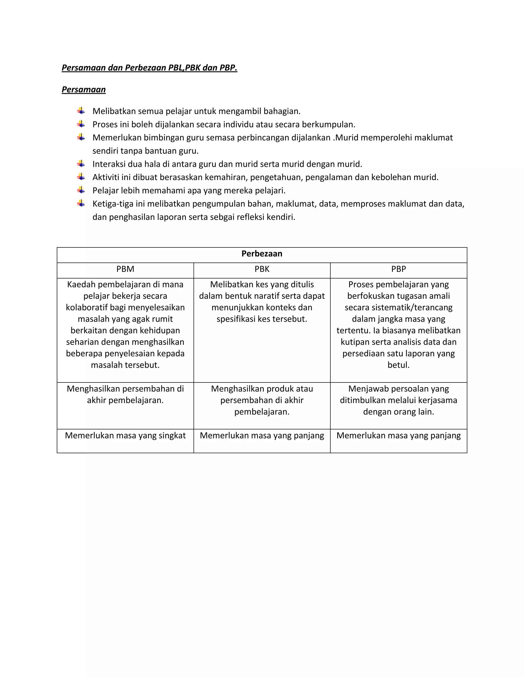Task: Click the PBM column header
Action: [125, 269]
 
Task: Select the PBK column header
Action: [262, 269]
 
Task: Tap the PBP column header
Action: [398, 269]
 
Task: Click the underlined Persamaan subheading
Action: [83, 90]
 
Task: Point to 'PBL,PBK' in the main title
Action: [184, 68]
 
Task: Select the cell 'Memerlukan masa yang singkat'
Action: [125, 435]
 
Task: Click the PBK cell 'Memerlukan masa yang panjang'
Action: [262, 435]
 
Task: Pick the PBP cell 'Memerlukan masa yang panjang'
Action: [398, 435]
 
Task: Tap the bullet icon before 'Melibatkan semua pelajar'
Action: [81, 111]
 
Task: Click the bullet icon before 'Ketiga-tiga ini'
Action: [81, 203]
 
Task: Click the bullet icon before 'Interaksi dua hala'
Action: [81, 163]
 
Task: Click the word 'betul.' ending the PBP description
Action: [398, 365]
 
